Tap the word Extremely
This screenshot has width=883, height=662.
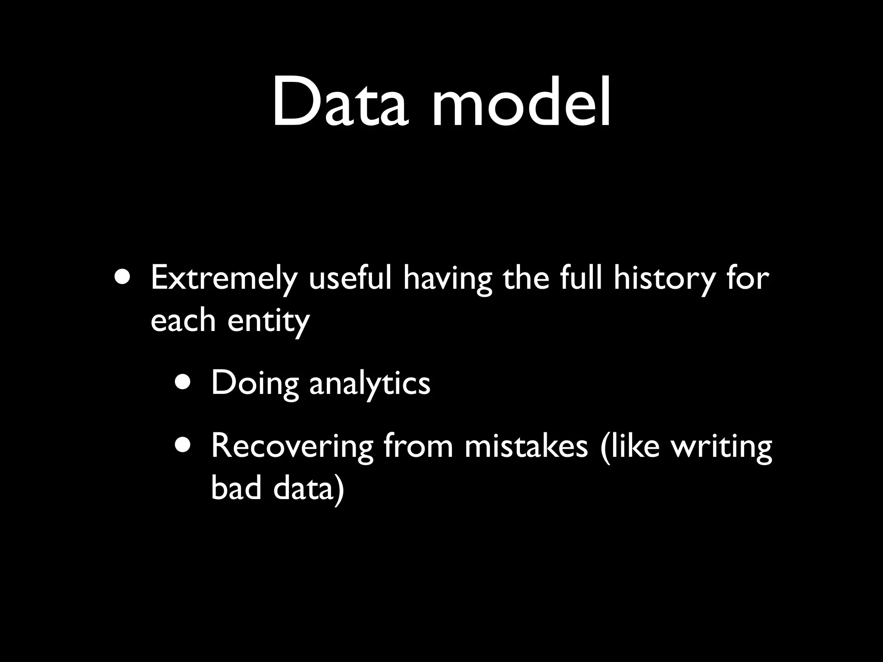224,279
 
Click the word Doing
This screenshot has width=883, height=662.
255,384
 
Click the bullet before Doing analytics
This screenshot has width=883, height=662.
185,381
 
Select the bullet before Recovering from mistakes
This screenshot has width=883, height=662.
185,444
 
